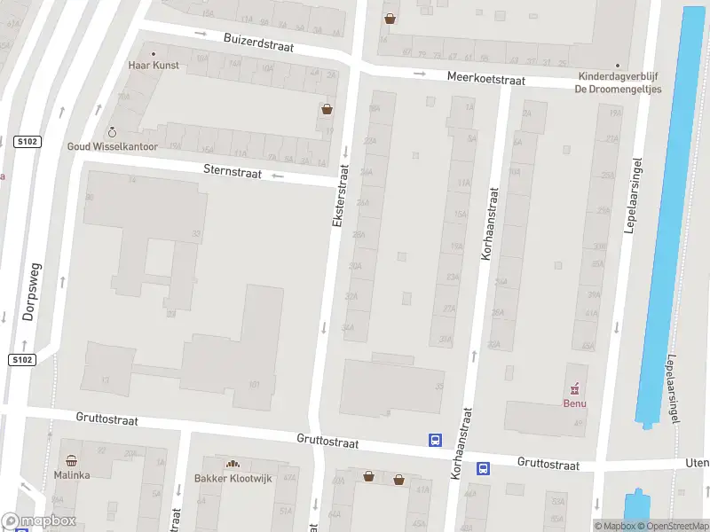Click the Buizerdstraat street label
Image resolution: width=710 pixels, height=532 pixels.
[x=258, y=43]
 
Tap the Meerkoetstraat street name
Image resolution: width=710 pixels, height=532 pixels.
[x=485, y=80]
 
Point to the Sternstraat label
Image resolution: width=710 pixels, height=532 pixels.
[x=232, y=172]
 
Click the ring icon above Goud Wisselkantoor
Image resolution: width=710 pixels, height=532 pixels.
[x=112, y=132]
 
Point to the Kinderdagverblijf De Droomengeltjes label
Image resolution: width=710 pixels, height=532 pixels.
[x=618, y=82]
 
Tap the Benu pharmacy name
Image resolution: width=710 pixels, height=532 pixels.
[x=575, y=403]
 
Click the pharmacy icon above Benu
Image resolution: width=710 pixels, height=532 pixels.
[x=575, y=388]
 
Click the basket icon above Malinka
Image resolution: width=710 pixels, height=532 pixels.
[x=72, y=461]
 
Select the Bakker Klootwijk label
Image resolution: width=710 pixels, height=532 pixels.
[x=233, y=479]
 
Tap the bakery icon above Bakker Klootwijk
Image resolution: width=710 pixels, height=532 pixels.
[x=233, y=464]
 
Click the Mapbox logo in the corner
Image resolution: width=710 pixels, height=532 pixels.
[x=38, y=521]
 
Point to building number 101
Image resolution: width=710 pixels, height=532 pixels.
[x=255, y=384]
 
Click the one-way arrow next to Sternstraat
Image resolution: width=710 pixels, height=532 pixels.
[x=278, y=176]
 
